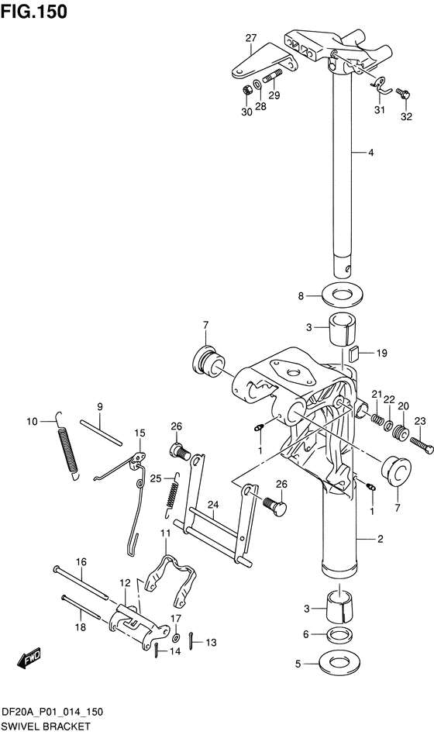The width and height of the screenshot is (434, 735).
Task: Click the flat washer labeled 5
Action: (x=339, y=664)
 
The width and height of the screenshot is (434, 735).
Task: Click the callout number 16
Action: (x=80, y=561)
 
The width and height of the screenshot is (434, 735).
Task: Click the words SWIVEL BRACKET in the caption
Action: (x=46, y=726)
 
